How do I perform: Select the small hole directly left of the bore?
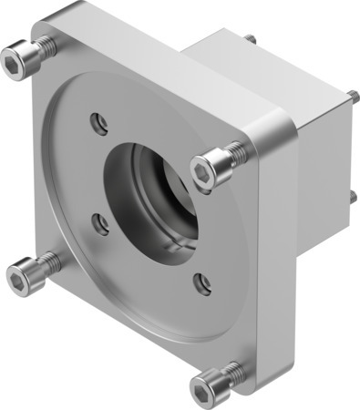point(103,222)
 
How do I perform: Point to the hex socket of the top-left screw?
point(15,61)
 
